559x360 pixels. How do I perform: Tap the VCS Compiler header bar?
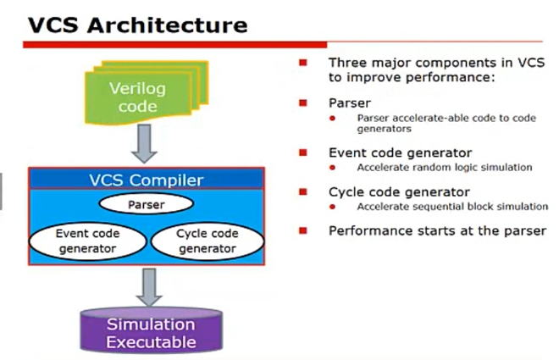pos(147,180)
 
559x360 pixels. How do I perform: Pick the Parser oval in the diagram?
pos(147,204)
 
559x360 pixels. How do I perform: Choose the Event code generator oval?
pos(86,241)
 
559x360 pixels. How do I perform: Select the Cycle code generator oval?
pos(207,241)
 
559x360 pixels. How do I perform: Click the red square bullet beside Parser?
pos(302,102)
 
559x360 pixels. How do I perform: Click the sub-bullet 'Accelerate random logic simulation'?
pos(445,167)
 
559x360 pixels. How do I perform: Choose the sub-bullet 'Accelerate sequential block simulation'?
pos(452,206)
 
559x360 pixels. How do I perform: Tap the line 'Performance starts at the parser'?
pos(437,230)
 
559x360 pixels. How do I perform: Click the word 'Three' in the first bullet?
pos(348,63)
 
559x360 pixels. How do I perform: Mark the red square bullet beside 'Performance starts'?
pos(302,230)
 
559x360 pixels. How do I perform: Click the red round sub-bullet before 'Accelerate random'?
pos(344,168)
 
